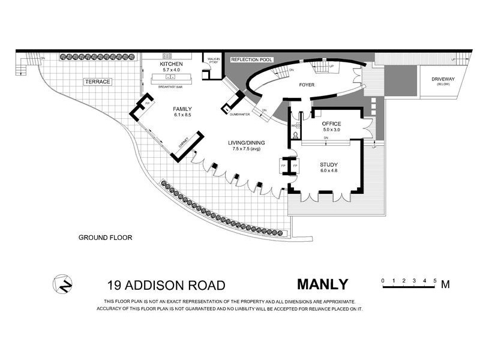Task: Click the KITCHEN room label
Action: [170, 64]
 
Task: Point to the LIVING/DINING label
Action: [247, 143]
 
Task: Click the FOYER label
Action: [307, 85]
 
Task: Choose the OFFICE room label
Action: [331, 123]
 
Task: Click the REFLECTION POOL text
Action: [252, 60]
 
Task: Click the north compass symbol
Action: [62, 284]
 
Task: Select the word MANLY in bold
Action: [322, 284]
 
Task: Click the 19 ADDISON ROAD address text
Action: [166, 286]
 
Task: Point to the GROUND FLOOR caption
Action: [105, 238]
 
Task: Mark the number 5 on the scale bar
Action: [433, 280]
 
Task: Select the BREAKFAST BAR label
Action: [170, 88]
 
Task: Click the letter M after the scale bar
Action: [445, 285]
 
